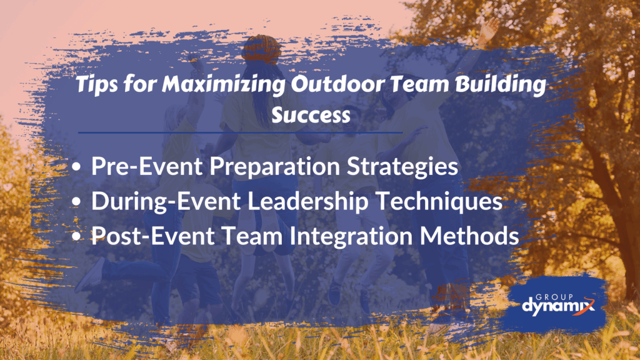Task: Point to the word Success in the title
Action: [311, 115]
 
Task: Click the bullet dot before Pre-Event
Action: [76, 167]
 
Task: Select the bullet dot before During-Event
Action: [76, 202]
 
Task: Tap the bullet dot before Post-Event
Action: [76, 236]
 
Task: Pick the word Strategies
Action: [402, 167]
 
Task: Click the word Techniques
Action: [439, 202]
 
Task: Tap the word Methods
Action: [469, 236]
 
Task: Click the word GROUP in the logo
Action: [554, 297]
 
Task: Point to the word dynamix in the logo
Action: [558, 307]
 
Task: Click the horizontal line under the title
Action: [241, 132]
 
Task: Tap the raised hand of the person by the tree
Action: [489, 30]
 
